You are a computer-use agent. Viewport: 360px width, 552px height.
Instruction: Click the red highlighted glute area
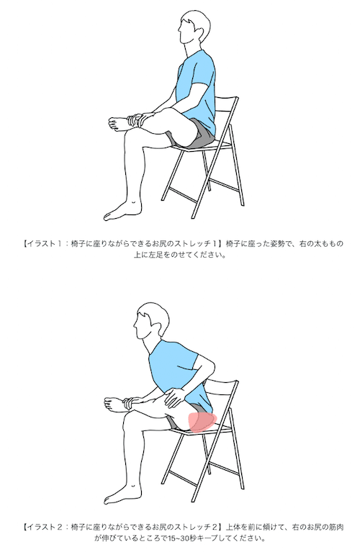pyautogui.click(x=202, y=422)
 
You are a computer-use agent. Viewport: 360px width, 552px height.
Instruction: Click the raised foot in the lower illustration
pyautogui.click(x=114, y=402)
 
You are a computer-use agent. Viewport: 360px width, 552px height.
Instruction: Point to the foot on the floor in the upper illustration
pyautogui.click(x=122, y=210)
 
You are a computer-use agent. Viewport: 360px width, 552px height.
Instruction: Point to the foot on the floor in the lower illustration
pyautogui.click(x=122, y=493)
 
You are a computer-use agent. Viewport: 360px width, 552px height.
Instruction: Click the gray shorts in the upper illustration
pyautogui.click(x=192, y=135)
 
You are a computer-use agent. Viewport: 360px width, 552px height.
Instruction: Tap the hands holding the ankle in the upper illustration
pyautogui.click(x=138, y=119)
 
